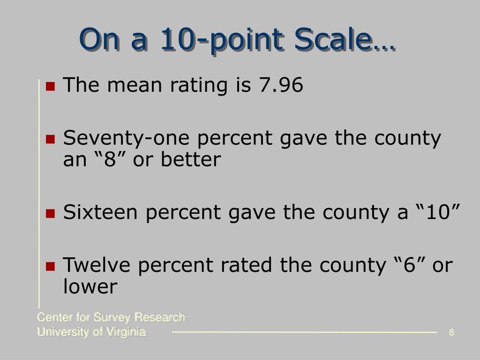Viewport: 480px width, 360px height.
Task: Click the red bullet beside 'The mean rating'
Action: click(50, 86)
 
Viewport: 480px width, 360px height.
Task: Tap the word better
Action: click(191, 159)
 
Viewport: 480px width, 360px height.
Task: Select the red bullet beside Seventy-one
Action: click(50, 139)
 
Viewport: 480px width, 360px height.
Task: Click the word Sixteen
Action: click(100, 212)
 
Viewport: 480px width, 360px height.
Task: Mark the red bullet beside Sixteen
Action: click(50, 213)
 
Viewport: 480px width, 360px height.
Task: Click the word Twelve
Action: click(97, 265)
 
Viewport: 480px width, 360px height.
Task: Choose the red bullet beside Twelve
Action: click(50, 266)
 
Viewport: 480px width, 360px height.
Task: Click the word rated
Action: click(246, 265)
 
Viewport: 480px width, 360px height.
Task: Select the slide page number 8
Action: click(451, 332)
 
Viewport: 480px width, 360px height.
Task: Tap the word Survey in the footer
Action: click(112, 318)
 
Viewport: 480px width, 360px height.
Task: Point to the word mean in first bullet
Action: click(135, 85)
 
